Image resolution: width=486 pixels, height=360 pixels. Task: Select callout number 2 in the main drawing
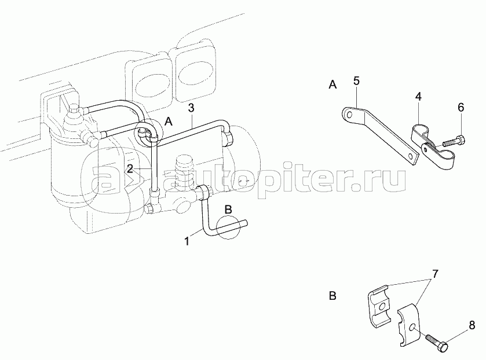130,168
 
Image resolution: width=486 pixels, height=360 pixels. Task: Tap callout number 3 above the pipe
191,108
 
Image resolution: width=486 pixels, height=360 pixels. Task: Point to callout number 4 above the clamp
418,96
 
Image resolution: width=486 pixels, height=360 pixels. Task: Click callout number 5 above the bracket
356,80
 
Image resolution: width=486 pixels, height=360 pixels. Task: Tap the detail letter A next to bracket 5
332,85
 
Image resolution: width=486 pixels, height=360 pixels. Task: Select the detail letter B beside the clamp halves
332,296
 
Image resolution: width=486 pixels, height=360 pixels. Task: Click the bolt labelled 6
452,140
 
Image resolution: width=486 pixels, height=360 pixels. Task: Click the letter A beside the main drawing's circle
168,122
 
